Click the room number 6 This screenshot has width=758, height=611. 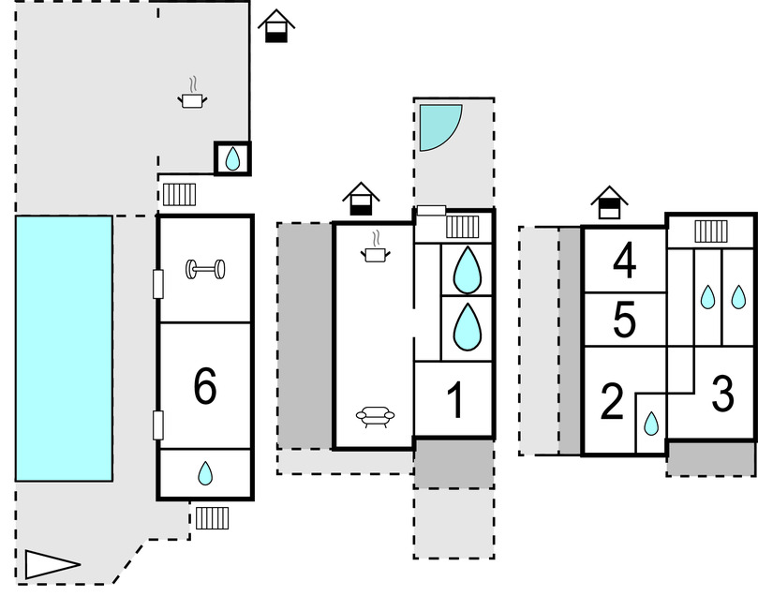[204, 385]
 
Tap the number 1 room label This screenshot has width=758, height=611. [455, 402]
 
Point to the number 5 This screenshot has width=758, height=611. [624, 320]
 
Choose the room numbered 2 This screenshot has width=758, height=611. [611, 403]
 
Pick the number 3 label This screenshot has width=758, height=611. [721, 395]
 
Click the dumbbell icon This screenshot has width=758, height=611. [205, 270]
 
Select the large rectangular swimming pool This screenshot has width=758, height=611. [64, 348]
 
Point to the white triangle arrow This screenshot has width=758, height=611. [50, 564]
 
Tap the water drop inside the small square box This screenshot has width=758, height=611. [232, 159]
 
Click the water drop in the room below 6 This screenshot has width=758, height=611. [205, 475]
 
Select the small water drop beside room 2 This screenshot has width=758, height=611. [650, 425]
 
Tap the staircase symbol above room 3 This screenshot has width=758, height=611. [711, 231]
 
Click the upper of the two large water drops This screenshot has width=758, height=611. [467, 271]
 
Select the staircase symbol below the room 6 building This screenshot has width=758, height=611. [212, 517]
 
